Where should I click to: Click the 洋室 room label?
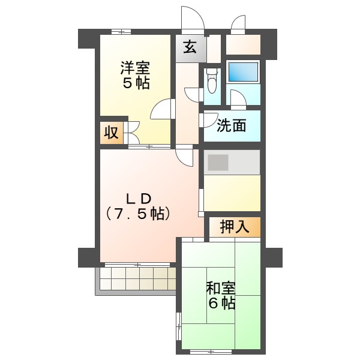click(x=135, y=67)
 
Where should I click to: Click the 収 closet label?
click(x=111, y=133)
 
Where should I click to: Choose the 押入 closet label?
click(x=235, y=227)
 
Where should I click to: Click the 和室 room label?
click(x=221, y=287)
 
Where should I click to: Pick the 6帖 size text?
click(x=221, y=303)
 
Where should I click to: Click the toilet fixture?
click(x=211, y=81)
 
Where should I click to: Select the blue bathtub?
click(x=243, y=73)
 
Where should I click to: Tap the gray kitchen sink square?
click(x=218, y=163)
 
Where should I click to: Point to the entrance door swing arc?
click(x=191, y=22)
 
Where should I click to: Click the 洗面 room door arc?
click(x=208, y=119)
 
